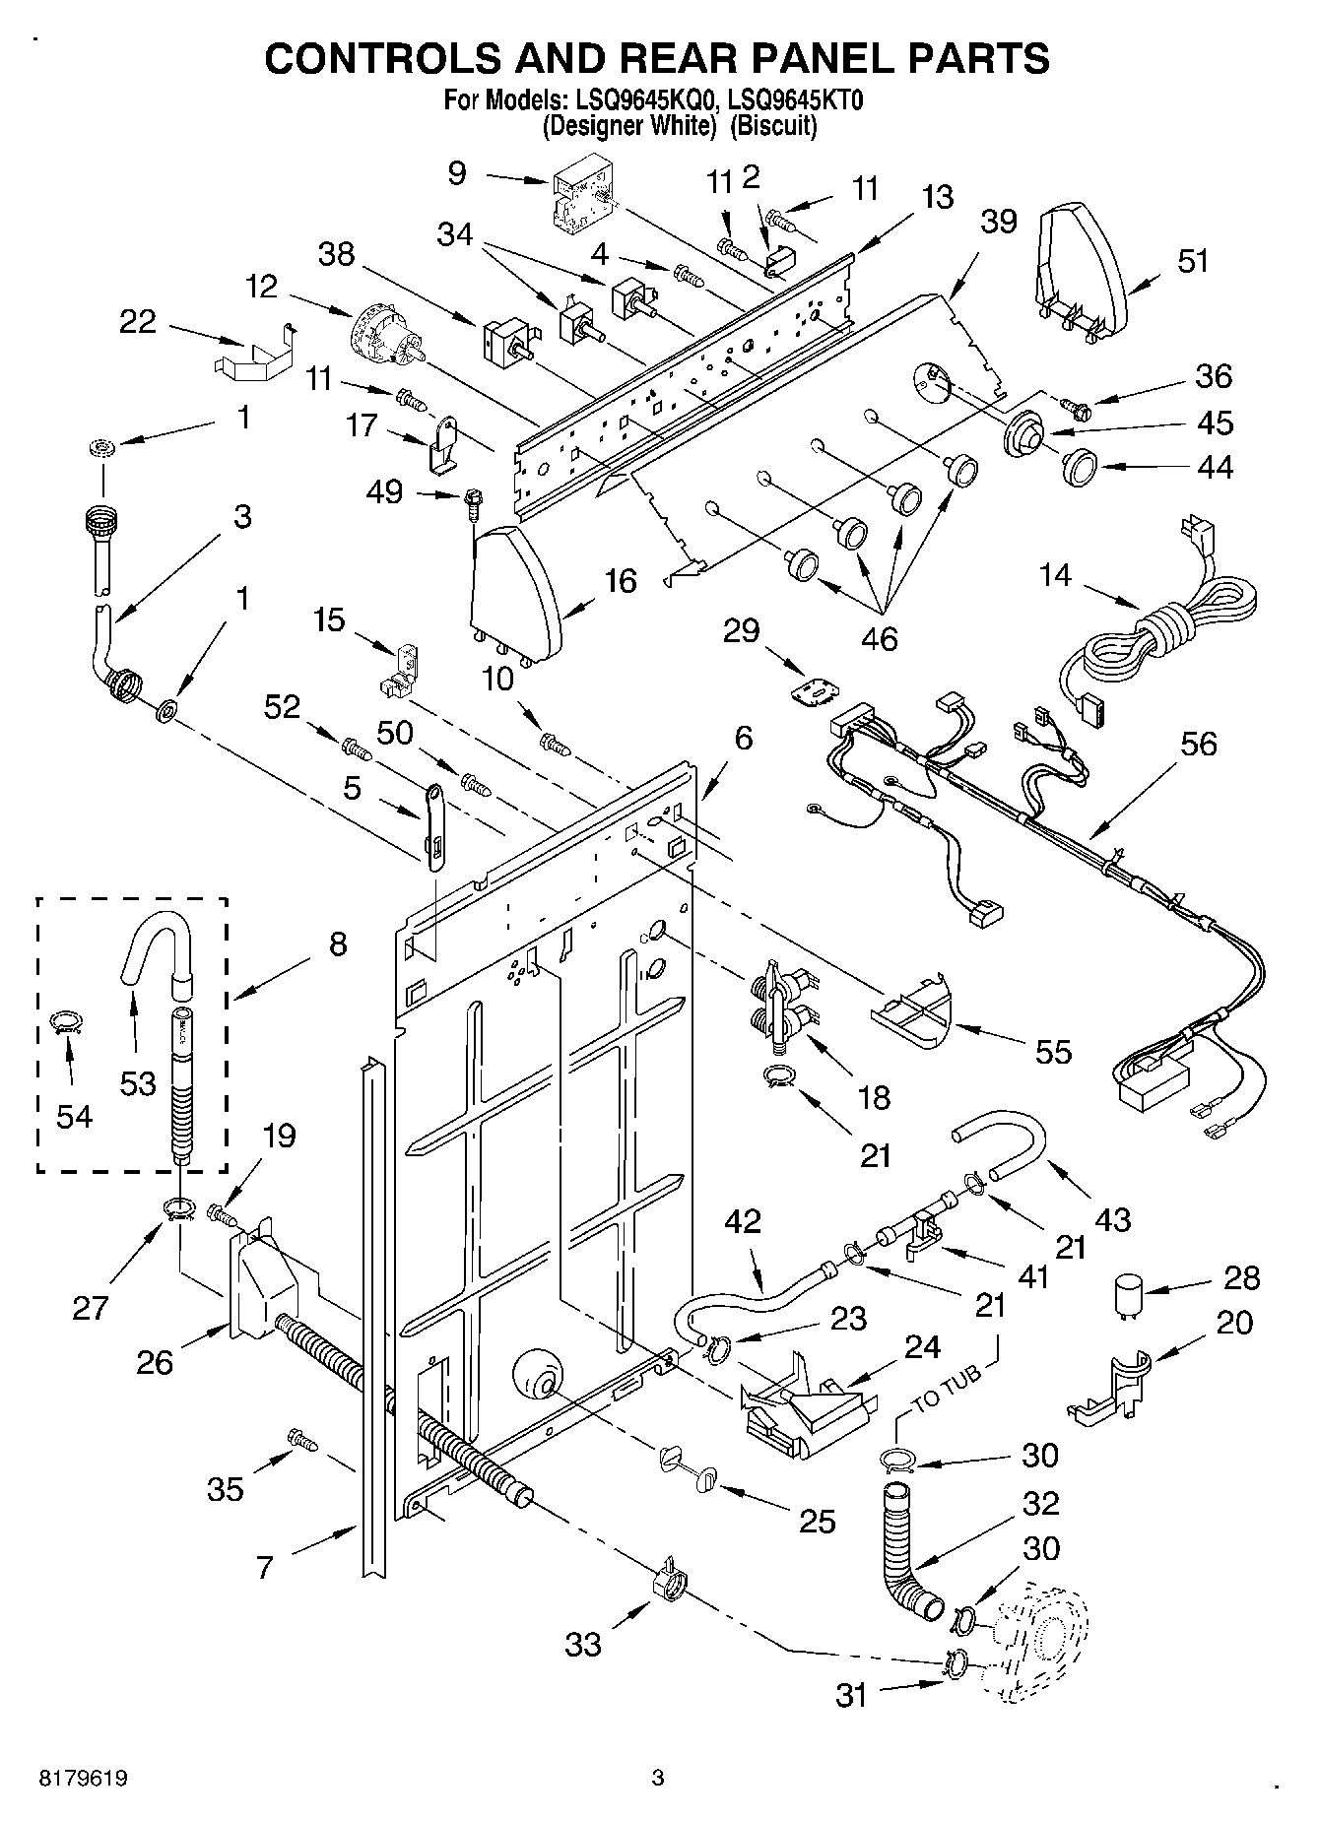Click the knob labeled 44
click(1081, 465)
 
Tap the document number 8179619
click(83, 1779)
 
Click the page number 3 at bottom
click(658, 1779)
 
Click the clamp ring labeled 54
click(65, 1022)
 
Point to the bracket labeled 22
click(254, 352)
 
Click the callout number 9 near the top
click(456, 174)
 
